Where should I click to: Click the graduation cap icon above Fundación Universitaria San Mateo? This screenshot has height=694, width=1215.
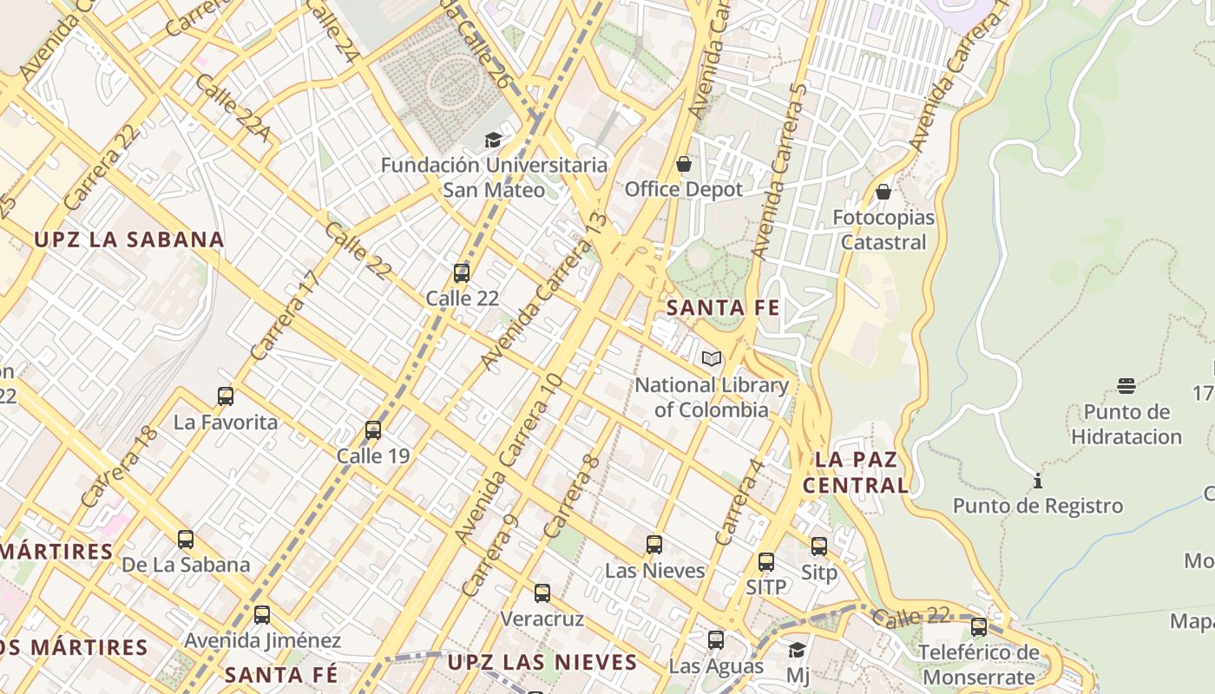(493, 140)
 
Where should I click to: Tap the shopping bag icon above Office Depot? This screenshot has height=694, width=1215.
(684, 164)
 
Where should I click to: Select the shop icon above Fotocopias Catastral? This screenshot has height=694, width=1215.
(883, 192)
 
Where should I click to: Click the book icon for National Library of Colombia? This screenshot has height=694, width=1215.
(712, 358)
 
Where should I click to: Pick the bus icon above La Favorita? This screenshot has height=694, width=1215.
(226, 396)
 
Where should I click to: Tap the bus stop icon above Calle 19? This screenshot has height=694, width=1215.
(373, 429)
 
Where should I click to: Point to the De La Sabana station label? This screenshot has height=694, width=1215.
(186, 565)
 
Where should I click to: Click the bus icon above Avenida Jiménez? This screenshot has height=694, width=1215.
(262, 615)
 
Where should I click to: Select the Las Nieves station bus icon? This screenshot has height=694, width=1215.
(654, 545)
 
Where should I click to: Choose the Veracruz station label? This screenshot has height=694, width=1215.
(542, 619)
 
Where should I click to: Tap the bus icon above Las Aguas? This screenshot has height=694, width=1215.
(716, 640)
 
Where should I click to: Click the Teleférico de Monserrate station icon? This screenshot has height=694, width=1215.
(979, 626)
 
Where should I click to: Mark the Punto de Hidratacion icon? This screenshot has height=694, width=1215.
(1126, 385)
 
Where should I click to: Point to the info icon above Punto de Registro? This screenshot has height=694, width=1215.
(1038, 481)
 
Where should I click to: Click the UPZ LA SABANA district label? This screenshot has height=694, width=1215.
(129, 240)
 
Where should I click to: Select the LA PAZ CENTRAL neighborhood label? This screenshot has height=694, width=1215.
(856, 472)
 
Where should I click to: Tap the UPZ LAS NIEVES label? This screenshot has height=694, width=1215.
(542, 663)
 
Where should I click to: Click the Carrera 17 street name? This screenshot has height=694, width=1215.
(286, 315)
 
